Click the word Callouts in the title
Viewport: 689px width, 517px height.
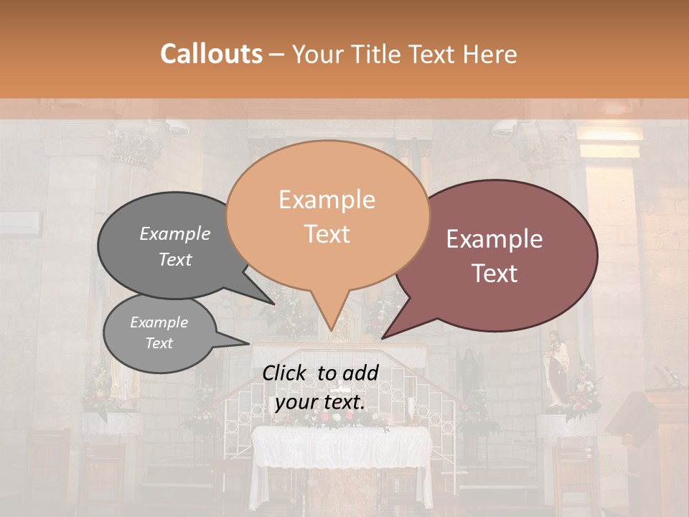[211, 54]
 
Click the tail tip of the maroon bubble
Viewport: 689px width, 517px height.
[383, 337]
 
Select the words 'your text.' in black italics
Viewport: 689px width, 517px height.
[320, 402]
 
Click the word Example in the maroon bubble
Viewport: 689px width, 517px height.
[495, 239]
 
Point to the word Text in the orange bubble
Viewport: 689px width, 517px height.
[327, 234]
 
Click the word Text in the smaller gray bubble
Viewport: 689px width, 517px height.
[159, 343]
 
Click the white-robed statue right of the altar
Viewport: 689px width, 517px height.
[556, 370]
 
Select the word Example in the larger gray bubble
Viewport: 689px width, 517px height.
[174, 233]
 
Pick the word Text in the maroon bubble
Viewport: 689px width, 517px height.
[495, 274]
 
